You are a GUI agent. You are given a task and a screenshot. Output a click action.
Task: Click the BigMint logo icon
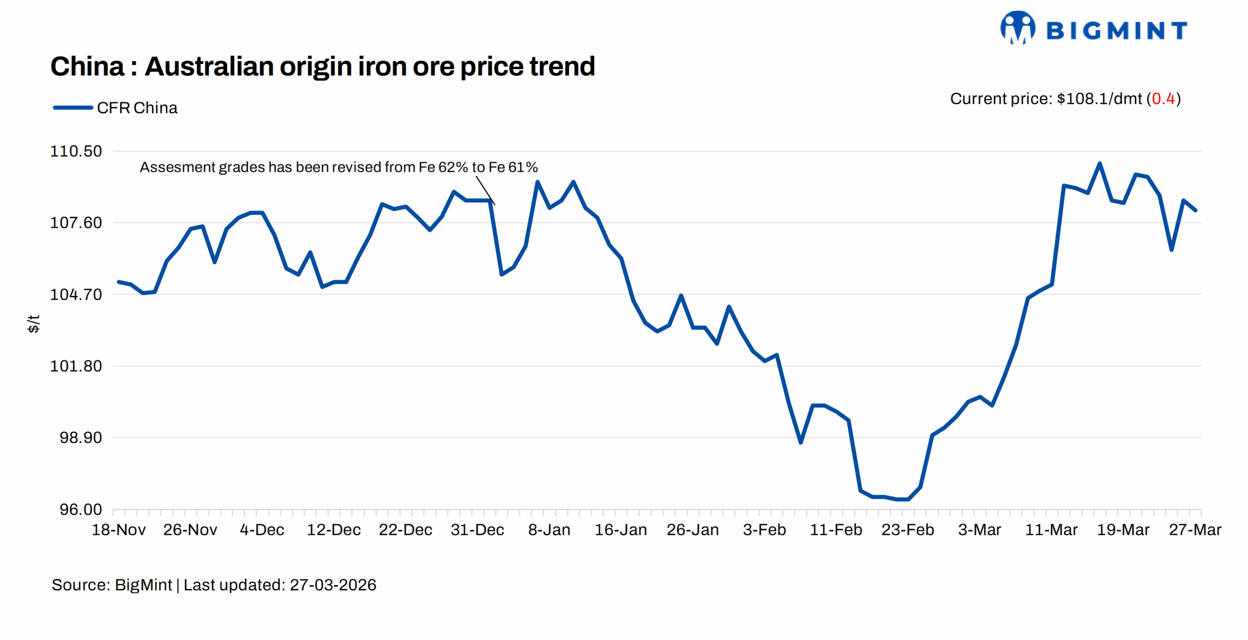click(1017, 28)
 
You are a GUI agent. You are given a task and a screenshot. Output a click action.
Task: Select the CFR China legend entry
click(116, 108)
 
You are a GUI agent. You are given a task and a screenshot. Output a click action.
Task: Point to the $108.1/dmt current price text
click(1099, 99)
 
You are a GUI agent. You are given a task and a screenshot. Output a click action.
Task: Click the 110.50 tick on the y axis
click(76, 151)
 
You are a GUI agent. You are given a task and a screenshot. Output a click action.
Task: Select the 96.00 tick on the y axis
click(80, 509)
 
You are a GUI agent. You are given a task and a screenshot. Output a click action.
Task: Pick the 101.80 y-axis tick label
click(76, 366)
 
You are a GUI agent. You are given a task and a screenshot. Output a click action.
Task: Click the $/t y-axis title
click(33, 324)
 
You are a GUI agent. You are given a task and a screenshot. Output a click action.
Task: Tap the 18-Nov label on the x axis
click(118, 530)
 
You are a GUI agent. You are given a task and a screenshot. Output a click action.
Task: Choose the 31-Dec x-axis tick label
click(477, 530)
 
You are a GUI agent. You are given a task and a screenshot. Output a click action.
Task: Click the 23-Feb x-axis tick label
click(907, 530)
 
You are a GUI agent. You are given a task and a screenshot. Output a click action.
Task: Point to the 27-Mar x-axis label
click(1194, 530)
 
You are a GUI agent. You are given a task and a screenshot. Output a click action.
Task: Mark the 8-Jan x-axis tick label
click(549, 530)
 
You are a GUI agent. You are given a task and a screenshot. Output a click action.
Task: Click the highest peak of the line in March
click(1099, 163)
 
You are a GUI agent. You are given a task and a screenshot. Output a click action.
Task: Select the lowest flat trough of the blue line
click(897, 499)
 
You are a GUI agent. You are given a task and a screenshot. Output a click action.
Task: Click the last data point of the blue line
click(1195, 210)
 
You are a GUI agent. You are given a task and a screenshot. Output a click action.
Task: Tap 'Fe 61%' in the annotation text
click(513, 167)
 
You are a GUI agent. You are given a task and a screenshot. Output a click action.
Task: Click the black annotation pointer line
click(485, 191)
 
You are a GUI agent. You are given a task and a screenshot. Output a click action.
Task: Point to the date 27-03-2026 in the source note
click(333, 585)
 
